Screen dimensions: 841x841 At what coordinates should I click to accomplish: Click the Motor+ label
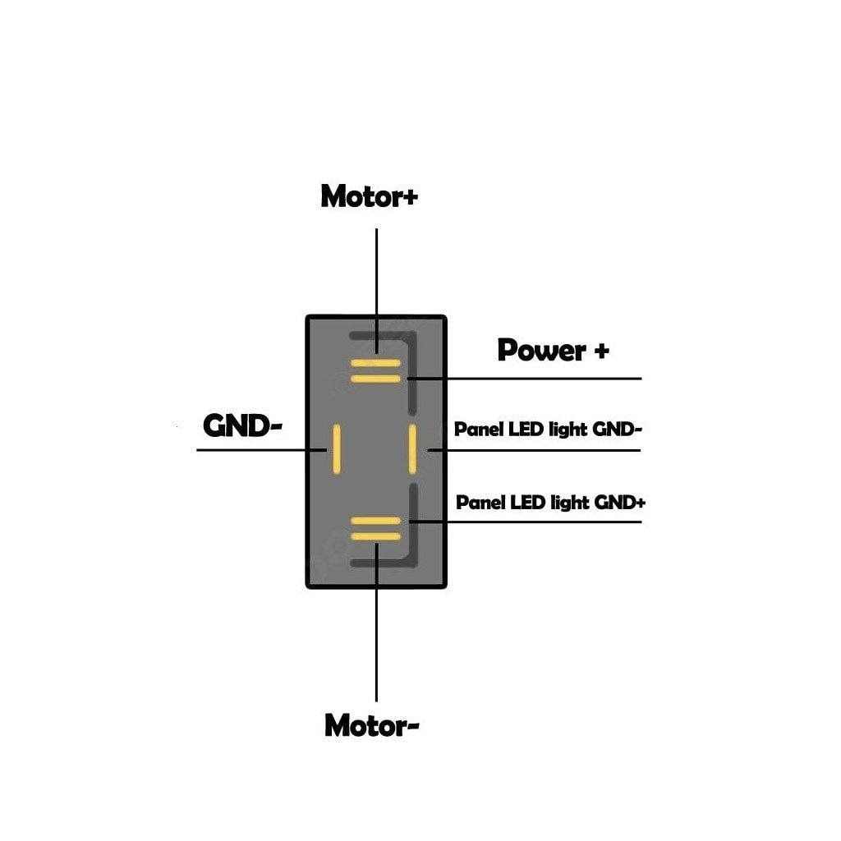369,197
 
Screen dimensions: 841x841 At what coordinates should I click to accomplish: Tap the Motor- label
372,725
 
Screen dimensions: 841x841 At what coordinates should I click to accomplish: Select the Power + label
553,351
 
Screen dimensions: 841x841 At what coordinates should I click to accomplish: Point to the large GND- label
242,425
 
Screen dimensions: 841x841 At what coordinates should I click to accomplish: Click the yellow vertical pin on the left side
335,449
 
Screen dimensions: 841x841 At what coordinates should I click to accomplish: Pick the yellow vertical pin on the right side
413,449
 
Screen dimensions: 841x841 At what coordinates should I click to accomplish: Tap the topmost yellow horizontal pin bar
375,362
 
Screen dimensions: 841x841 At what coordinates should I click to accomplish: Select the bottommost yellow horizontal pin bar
375,536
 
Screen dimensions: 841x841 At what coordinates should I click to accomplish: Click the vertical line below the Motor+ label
376,279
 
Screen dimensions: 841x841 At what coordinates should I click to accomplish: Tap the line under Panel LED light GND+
534,521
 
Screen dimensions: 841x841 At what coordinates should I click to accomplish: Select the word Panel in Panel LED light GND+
480,502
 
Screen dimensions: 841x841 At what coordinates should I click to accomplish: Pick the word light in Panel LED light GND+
570,502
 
